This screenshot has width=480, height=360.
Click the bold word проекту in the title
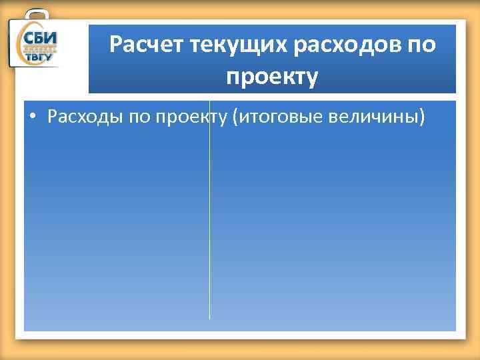[272, 77]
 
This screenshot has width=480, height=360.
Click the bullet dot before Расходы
[33, 119]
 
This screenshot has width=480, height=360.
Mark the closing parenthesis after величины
[421, 118]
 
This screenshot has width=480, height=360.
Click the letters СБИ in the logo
[41, 38]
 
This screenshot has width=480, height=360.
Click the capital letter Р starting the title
[115, 46]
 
